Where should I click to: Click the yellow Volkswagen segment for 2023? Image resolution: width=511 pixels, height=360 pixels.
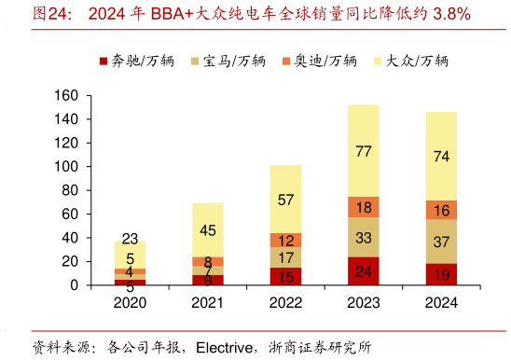364,150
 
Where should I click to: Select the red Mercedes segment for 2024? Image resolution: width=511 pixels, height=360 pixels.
441,274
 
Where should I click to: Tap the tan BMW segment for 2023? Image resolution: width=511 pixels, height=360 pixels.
364,237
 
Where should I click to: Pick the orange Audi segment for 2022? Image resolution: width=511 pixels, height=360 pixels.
285,240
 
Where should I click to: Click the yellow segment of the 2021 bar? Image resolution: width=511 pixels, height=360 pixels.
207,229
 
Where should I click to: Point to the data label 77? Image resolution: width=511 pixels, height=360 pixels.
364,151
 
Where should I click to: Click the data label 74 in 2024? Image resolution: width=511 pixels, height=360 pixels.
441,156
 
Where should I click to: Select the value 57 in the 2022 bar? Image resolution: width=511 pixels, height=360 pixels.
285,200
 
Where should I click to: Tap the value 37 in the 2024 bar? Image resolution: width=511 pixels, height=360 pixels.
441,242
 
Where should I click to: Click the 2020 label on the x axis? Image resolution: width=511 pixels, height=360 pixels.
130,303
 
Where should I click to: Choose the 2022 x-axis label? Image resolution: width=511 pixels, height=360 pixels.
285,303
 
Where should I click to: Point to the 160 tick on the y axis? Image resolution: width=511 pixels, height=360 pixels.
64,95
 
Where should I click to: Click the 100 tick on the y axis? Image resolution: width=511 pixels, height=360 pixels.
64,167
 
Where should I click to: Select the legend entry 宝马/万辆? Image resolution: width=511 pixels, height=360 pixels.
232,61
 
